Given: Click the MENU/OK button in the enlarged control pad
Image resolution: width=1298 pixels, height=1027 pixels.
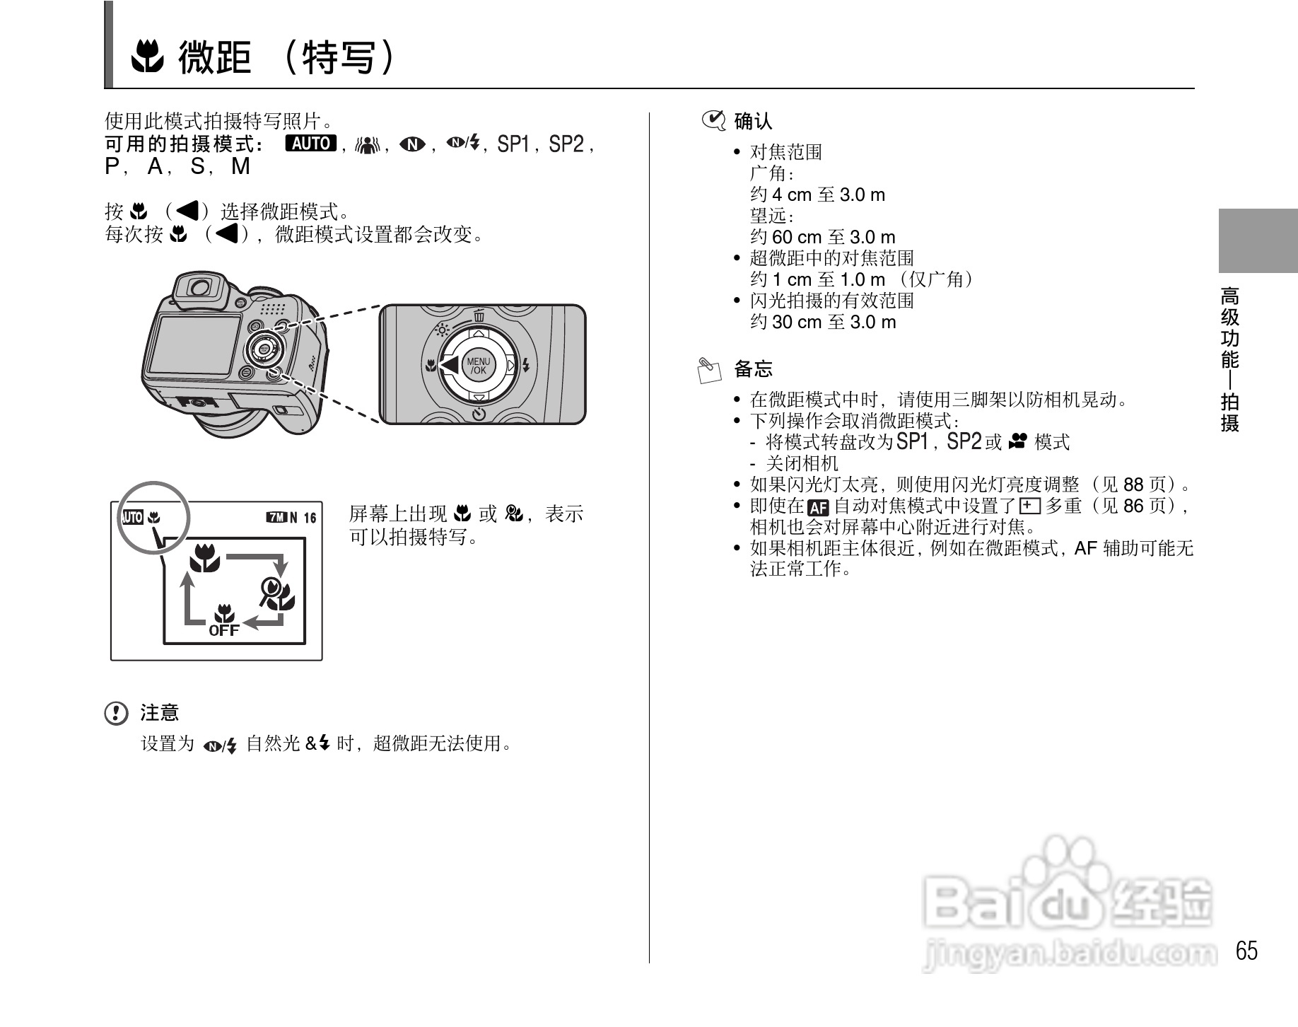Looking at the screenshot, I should (479, 366).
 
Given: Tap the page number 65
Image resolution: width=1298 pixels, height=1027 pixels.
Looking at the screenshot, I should (1246, 951).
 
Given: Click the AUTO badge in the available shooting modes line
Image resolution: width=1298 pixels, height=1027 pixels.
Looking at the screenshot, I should (310, 144).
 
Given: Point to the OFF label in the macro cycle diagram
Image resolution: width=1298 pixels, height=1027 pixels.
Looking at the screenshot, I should (223, 629).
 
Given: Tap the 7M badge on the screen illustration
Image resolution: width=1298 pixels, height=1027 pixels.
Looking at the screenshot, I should (276, 517).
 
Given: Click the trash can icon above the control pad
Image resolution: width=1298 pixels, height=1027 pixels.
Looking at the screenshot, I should (479, 315).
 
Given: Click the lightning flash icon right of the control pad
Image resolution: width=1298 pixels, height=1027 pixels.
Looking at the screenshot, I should (525, 366).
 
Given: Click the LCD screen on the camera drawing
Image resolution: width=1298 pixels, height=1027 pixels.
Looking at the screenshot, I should (192, 345).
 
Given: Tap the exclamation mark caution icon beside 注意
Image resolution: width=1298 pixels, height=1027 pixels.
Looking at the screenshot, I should (115, 713).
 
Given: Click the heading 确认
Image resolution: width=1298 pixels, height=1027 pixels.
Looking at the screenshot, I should (753, 122).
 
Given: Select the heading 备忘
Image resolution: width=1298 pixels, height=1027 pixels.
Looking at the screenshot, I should (753, 369).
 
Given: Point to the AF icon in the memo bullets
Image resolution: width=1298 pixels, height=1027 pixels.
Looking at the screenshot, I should (817, 507).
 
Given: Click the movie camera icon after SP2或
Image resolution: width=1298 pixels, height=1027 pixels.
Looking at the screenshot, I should (1017, 442).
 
